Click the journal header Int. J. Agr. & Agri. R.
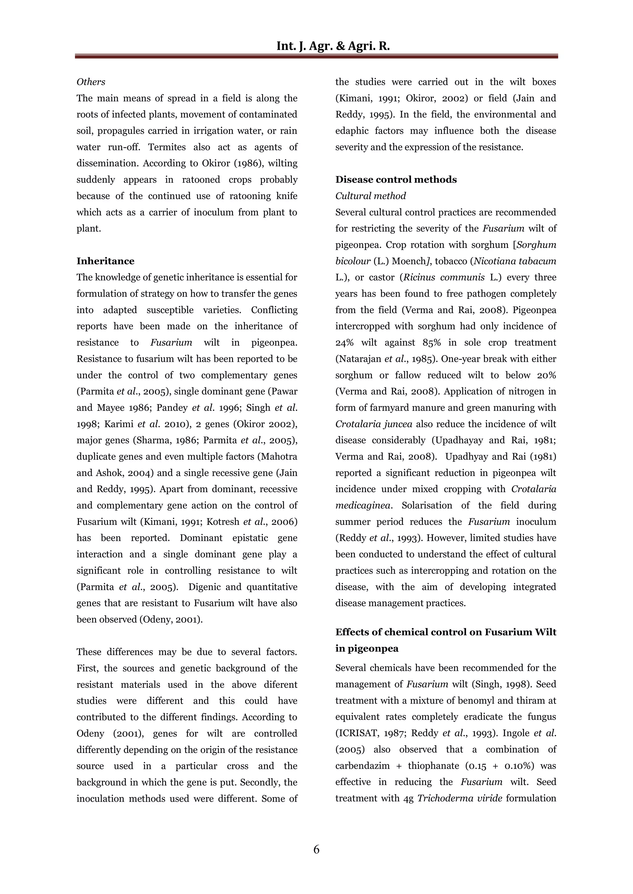[x=333, y=46]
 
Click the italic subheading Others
[x=91, y=82]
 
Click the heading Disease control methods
[x=396, y=179]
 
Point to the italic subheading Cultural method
[x=370, y=196]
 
